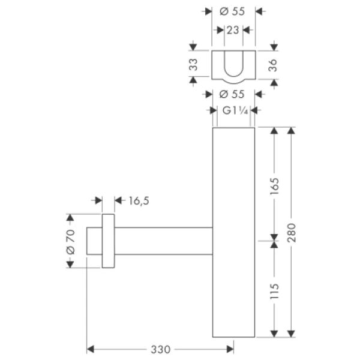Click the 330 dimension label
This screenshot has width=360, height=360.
click(161, 349)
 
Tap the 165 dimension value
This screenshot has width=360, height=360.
click(274, 184)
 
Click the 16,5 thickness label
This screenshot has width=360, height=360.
click(138, 200)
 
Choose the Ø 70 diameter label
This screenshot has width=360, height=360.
click(68, 241)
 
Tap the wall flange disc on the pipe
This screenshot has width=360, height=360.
click(107, 241)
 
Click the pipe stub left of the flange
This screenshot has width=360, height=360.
click(94, 241)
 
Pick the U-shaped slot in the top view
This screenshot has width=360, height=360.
click(233, 64)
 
